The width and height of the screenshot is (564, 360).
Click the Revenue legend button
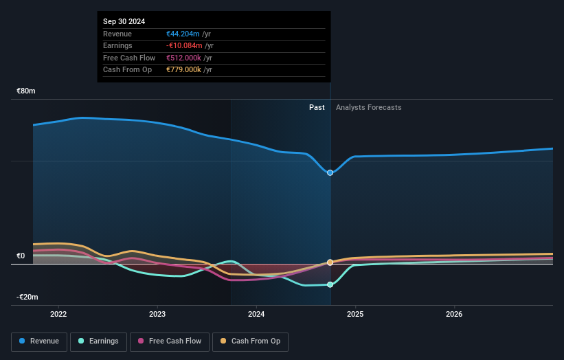coord(39,341)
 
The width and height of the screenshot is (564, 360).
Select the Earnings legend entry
coord(98,341)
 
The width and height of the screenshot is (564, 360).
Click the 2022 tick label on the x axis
coord(58,315)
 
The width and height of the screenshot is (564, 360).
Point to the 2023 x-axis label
coord(157,315)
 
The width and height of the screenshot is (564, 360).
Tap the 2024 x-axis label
coord(256,315)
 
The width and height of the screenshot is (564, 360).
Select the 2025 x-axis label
coord(355,315)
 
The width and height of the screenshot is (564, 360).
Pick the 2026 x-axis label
coord(454,315)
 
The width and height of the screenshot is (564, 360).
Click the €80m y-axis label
coord(26,91)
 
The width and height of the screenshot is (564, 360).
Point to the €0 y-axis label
coord(21,256)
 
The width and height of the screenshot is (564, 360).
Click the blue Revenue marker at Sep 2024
coord(330,172)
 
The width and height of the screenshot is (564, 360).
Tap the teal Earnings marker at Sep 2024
coord(330,284)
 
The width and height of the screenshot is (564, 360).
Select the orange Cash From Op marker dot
coord(330,262)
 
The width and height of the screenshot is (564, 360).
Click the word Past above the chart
coord(317,107)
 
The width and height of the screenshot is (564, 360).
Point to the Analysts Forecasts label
coord(368,107)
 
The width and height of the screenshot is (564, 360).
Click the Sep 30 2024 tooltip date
coord(124,22)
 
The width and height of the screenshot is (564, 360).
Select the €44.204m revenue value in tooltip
coord(183,34)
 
